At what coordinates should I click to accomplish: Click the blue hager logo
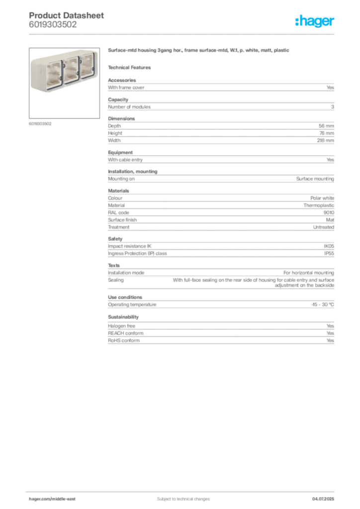tap(316, 22)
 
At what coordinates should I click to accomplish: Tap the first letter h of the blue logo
tap(297, 22)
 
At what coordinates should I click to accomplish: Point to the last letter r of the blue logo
tap(334, 23)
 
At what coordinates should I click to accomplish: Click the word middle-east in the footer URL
tap(64, 499)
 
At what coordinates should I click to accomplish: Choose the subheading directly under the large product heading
tap(131, 67)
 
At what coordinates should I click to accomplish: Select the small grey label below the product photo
tap(40, 123)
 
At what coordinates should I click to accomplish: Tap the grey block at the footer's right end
tap(326, 495)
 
